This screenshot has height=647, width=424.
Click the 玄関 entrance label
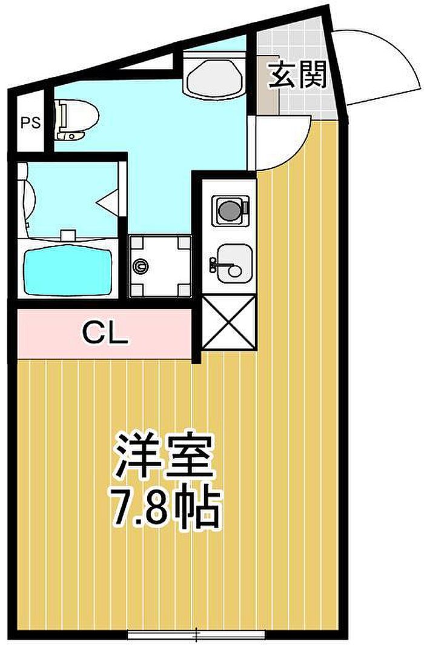coord(297,75)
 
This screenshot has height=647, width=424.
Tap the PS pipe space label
coord(31,122)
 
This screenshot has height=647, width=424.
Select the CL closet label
coord(105,333)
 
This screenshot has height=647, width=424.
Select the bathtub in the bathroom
coord(68,271)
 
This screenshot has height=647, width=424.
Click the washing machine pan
coord(160,266)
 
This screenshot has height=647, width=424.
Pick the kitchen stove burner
coord(230,210)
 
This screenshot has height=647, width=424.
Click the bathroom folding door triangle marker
coord(108,202)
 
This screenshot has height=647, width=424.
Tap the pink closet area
coord(105,333)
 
